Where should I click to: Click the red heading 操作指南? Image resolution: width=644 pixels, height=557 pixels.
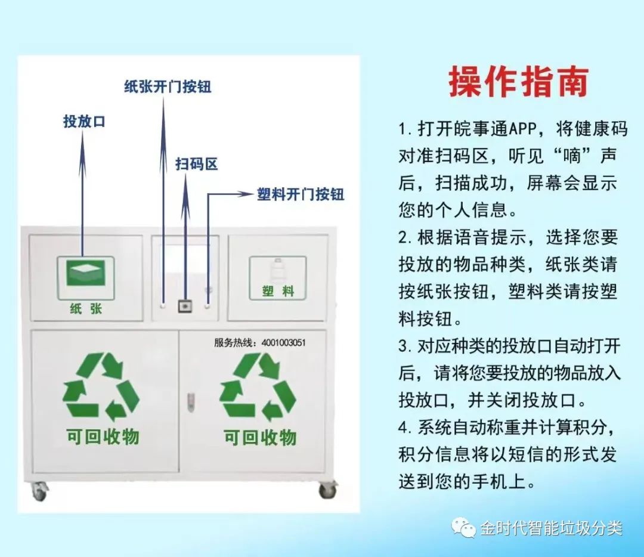pos(519,82)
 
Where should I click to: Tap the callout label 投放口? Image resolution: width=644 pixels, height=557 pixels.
pos(84,121)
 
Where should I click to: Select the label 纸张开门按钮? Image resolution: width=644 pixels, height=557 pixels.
pos(168,86)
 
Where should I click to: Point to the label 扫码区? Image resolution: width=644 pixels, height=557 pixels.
pos(196,164)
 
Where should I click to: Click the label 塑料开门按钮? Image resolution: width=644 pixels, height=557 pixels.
pos(301,194)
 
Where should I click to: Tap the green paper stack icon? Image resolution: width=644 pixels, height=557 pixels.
pos(86,274)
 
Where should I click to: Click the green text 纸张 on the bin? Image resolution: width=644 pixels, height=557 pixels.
pos(86,308)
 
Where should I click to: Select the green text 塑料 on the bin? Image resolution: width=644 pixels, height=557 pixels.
pos(278,292)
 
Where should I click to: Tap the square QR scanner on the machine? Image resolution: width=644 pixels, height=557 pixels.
pos(185,306)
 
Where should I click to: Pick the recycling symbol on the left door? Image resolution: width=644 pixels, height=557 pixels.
pos(101,386)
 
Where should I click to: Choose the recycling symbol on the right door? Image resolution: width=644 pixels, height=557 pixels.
pos(258,386)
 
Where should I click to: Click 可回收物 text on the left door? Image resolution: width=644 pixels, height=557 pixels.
pos(103,437)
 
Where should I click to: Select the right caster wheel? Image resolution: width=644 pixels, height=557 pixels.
pos(327,490)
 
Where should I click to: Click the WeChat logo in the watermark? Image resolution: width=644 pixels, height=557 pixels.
pos(463,528)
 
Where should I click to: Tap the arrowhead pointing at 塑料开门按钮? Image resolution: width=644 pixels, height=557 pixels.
pos(246,194)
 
